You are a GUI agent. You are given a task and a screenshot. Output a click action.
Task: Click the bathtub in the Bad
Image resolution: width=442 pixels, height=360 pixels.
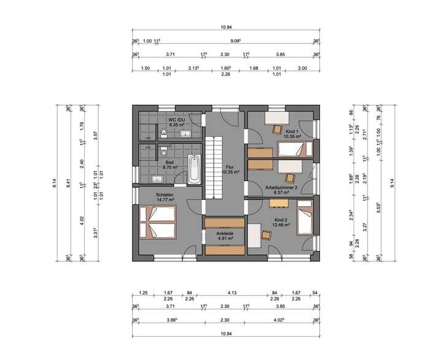pos(193,169)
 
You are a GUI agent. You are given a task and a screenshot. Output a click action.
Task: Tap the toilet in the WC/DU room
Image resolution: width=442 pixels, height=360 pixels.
pos(163,131)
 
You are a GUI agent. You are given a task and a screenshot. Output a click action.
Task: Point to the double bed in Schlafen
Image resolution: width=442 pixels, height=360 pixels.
pos(158,222)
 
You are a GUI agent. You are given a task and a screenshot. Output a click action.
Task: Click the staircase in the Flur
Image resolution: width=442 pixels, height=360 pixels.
pos(213,167)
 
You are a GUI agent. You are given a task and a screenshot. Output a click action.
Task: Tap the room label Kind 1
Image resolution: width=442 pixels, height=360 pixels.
pos(292,132)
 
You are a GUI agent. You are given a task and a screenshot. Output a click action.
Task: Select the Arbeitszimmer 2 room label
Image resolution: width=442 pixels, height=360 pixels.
pos(281,187)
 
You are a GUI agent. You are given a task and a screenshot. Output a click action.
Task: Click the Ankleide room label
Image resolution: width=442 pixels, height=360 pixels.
pos(225,234)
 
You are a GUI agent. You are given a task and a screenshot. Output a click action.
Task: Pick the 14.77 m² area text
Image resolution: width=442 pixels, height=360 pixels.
pos(165,199)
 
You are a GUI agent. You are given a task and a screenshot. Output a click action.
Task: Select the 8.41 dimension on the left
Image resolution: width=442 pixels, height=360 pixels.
pos(69,182)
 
